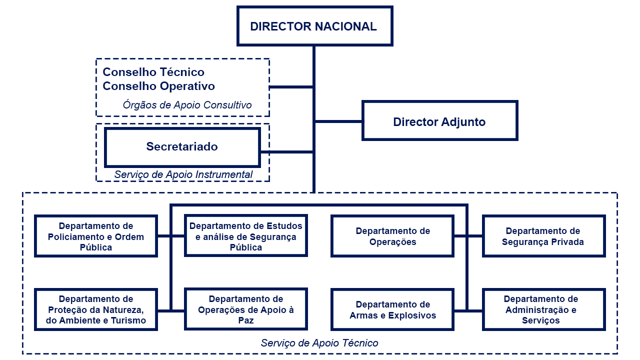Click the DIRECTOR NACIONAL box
314,26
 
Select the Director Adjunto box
439,121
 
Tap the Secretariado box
182,147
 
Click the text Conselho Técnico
153,72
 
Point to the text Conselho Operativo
158,86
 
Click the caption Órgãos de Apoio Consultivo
187,105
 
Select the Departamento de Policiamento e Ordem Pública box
96,236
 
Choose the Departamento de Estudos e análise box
246,236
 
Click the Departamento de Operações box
392,236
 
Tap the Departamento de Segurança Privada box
543,236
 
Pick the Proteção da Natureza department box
96,309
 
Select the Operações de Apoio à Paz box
246,309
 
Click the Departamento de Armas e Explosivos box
392,309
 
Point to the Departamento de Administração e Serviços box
543,309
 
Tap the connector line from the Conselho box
291,87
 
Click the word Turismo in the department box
129,320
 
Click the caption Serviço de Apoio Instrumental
181,175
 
